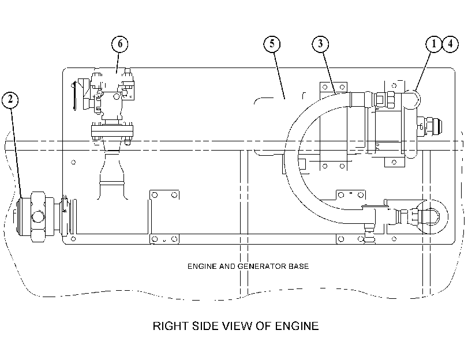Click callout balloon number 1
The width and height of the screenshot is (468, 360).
pos(434,44)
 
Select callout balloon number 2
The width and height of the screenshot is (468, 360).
pos(10,100)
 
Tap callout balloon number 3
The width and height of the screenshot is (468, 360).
pos(320,44)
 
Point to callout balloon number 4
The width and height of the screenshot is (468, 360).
pos(450,44)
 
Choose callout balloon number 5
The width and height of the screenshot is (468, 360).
pos(272,44)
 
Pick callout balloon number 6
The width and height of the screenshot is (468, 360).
pos(119,44)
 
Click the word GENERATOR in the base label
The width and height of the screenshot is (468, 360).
pos(262,267)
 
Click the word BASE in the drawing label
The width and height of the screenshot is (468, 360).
pos(298,267)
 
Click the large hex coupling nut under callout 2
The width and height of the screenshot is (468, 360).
pos(38,217)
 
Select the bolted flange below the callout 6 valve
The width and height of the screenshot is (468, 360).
pos(112,132)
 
